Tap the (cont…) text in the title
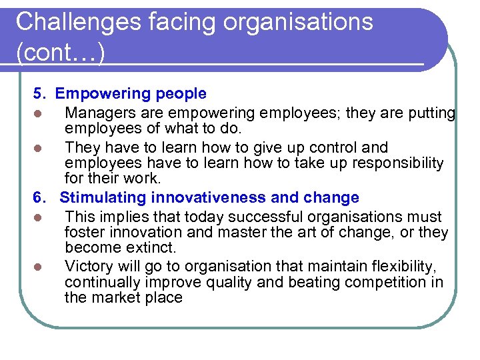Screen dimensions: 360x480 (60, 53)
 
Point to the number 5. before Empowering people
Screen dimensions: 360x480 (41, 94)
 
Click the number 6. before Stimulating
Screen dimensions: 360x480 (41, 198)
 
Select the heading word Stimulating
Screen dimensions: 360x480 (103, 198)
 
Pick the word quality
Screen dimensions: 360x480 (229, 282)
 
